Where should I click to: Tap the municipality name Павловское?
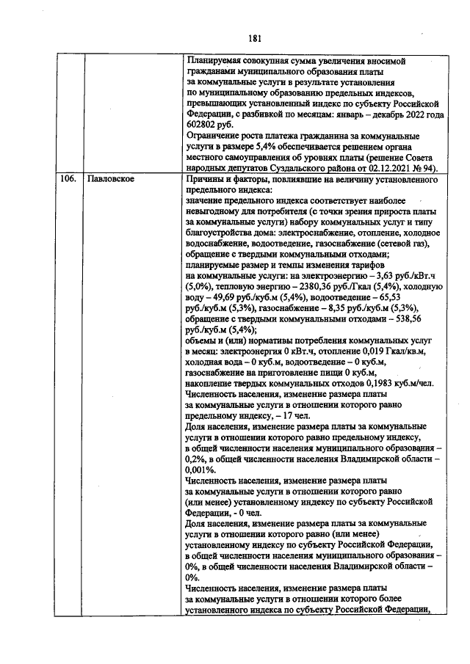109,178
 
